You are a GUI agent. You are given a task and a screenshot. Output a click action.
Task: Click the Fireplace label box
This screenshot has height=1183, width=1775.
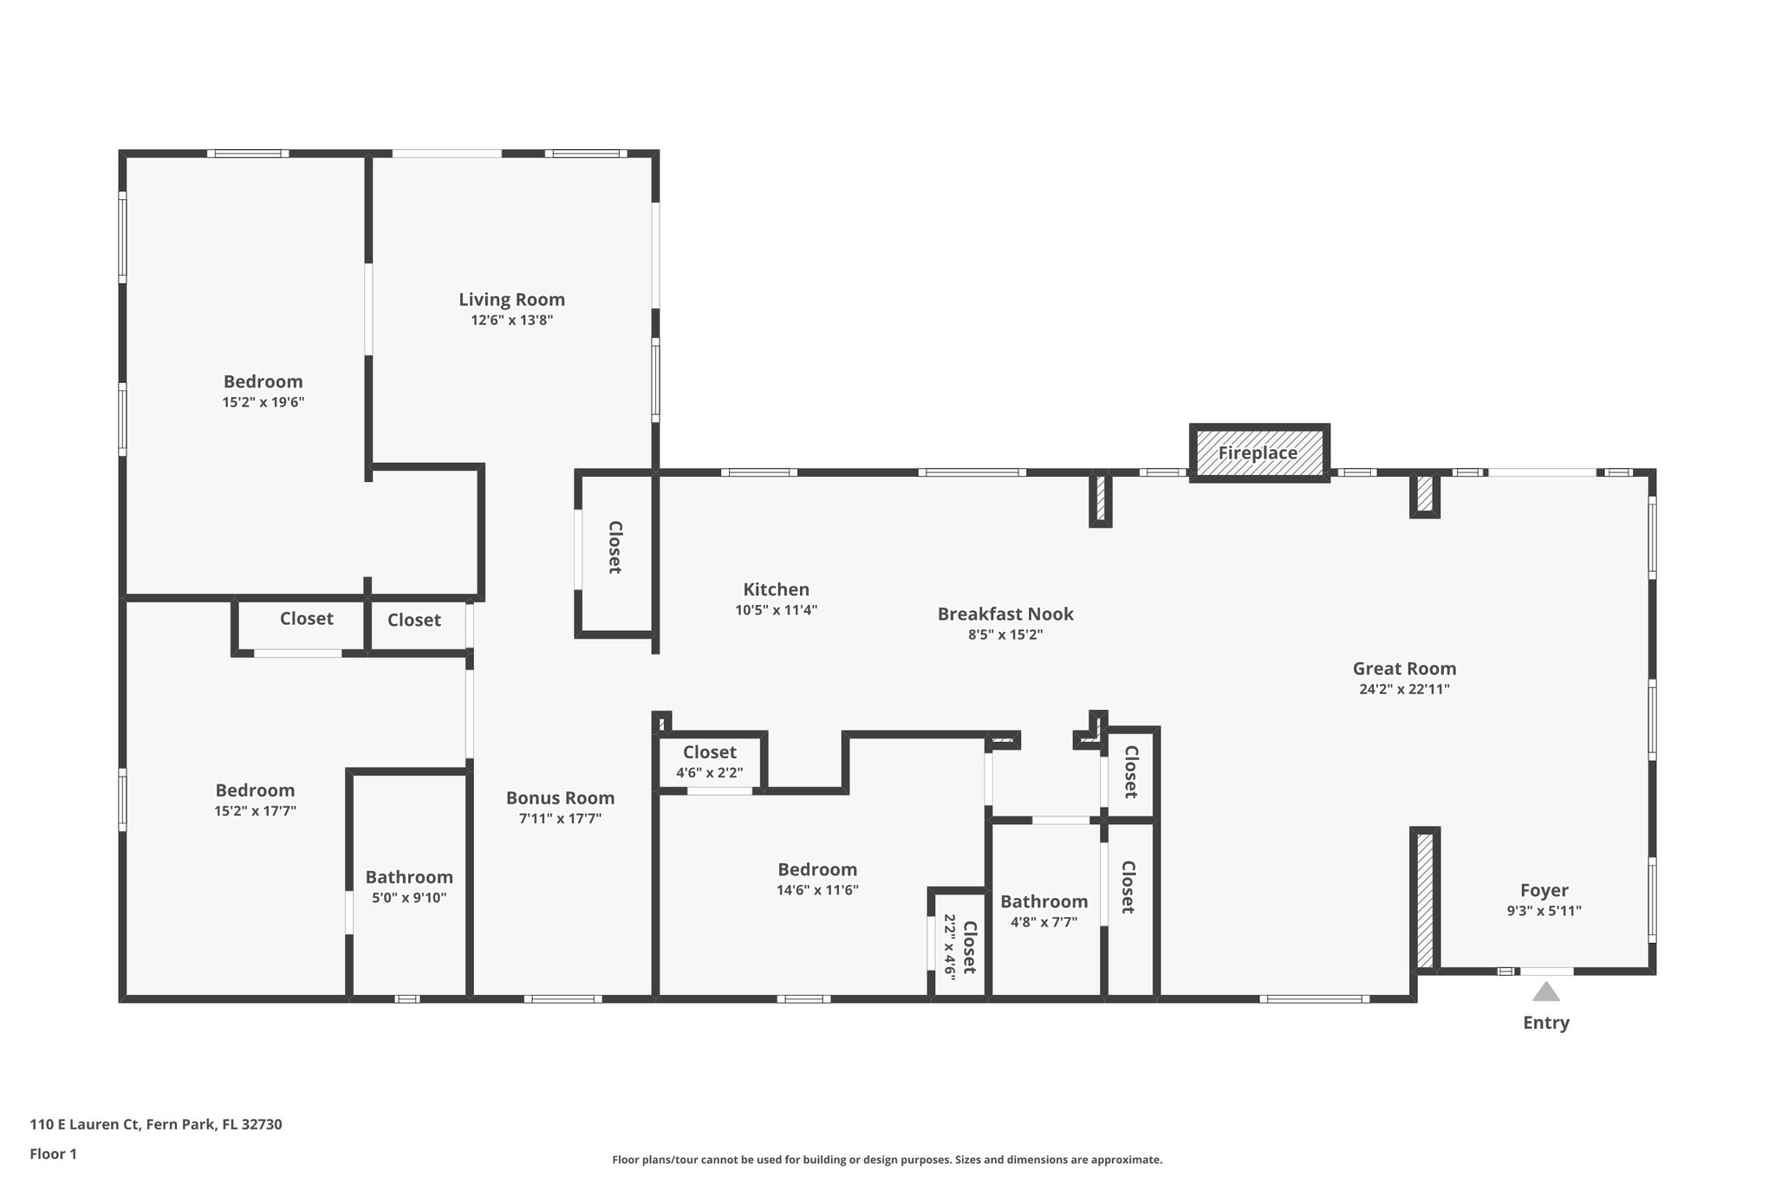1258,453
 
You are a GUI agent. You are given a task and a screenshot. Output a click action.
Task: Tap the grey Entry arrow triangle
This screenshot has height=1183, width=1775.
1545,992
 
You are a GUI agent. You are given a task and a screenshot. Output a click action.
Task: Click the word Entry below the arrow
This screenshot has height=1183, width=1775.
1545,1023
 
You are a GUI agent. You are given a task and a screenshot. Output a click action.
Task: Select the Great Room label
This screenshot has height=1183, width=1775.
1404,669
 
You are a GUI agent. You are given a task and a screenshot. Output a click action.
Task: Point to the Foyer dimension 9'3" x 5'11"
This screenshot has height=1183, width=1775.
1544,911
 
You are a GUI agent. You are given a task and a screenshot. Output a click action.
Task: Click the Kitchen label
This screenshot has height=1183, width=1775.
776,589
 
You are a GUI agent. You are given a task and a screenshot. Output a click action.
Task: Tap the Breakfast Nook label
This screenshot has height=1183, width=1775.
1005,614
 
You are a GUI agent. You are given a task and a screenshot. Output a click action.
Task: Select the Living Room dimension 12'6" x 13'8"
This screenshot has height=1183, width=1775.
511,320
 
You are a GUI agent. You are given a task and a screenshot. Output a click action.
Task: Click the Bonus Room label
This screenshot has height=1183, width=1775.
560,798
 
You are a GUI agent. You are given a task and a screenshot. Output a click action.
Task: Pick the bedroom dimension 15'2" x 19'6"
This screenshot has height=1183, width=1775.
263,402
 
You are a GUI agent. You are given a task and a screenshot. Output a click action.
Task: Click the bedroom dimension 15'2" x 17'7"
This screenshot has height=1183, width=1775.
255,811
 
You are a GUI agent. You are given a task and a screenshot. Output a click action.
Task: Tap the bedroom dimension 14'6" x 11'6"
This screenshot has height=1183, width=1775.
817,890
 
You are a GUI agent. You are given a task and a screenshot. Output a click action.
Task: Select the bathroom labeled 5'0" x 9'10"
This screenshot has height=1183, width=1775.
409,887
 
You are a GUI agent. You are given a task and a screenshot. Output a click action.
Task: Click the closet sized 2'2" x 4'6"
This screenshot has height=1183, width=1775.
959,947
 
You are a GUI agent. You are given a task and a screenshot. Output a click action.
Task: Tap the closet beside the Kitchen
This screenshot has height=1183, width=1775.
614,547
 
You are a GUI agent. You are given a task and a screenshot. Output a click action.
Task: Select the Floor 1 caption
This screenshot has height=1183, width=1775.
54,1154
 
